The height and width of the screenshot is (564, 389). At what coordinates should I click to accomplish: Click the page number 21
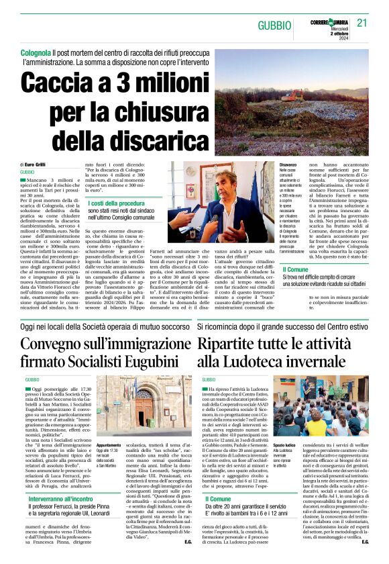[362, 23]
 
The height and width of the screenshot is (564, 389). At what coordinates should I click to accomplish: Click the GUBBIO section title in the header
[276, 25]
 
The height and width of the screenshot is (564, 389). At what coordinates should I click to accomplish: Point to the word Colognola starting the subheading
[36, 52]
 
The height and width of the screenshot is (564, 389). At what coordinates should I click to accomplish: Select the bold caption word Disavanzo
[288, 165]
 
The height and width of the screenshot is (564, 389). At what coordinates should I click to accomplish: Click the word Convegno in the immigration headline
[60, 345]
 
